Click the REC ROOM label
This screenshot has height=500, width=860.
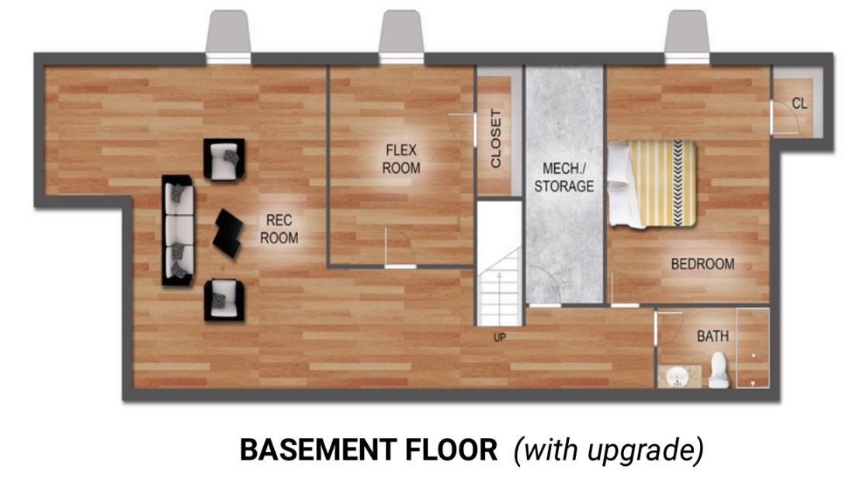pyautogui.click(x=279, y=229)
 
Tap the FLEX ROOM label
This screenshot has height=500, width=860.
pyautogui.click(x=401, y=158)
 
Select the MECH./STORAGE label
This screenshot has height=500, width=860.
pyautogui.click(x=564, y=177)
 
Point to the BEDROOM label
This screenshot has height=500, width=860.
pyautogui.click(x=702, y=264)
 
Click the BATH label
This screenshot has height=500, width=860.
pyautogui.click(x=713, y=336)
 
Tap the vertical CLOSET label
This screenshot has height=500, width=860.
pyautogui.click(x=496, y=138)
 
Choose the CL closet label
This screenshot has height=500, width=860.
pyautogui.click(x=799, y=103)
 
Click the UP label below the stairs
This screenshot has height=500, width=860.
pyautogui.click(x=500, y=338)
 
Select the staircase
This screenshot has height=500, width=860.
pyautogui.click(x=498, y=286)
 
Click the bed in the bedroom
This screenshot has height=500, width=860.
pyautogui.click(x=653, y=184)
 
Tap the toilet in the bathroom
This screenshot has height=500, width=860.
pyautogui.click(x=719, y=370)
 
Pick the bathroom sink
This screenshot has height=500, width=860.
pyautogui.click(x=679, y=377)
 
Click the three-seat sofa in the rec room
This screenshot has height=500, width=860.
pyautogui.click(x=179, y=231)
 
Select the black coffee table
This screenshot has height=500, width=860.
pyautogui.click(x=228, y=233)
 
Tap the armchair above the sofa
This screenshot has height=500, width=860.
pyautogui.click(x=224, y=158)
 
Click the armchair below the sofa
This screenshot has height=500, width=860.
pyautogui.click(x=224, y=300)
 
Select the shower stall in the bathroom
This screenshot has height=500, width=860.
pyautogui.click(x=753, y=348)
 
